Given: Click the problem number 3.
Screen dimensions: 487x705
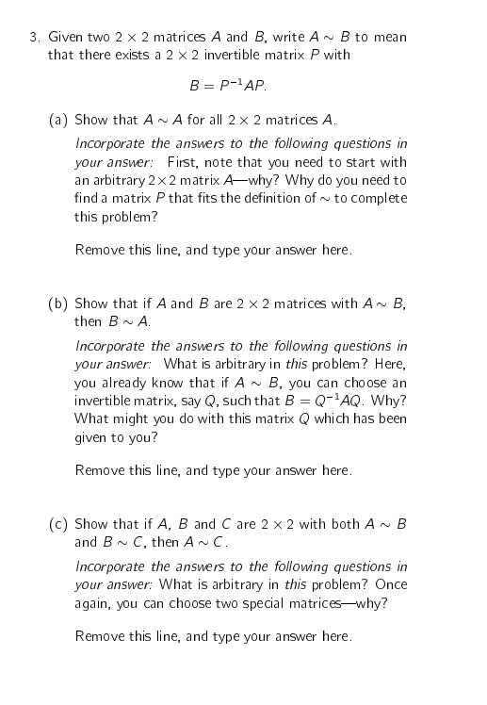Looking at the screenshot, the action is (32, 38).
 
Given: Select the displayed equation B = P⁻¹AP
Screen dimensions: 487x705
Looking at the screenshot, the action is (228, 86).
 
